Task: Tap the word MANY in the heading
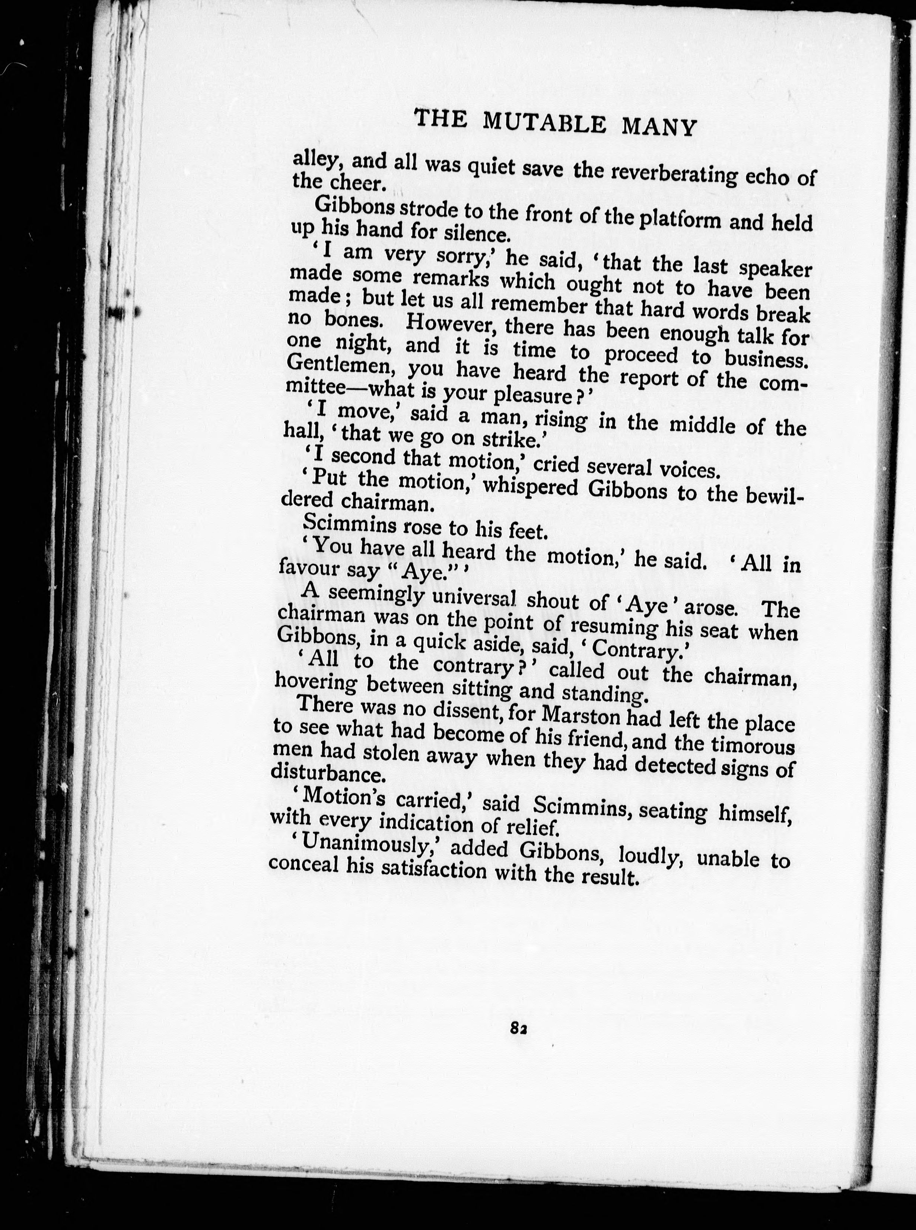click(658, 126)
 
